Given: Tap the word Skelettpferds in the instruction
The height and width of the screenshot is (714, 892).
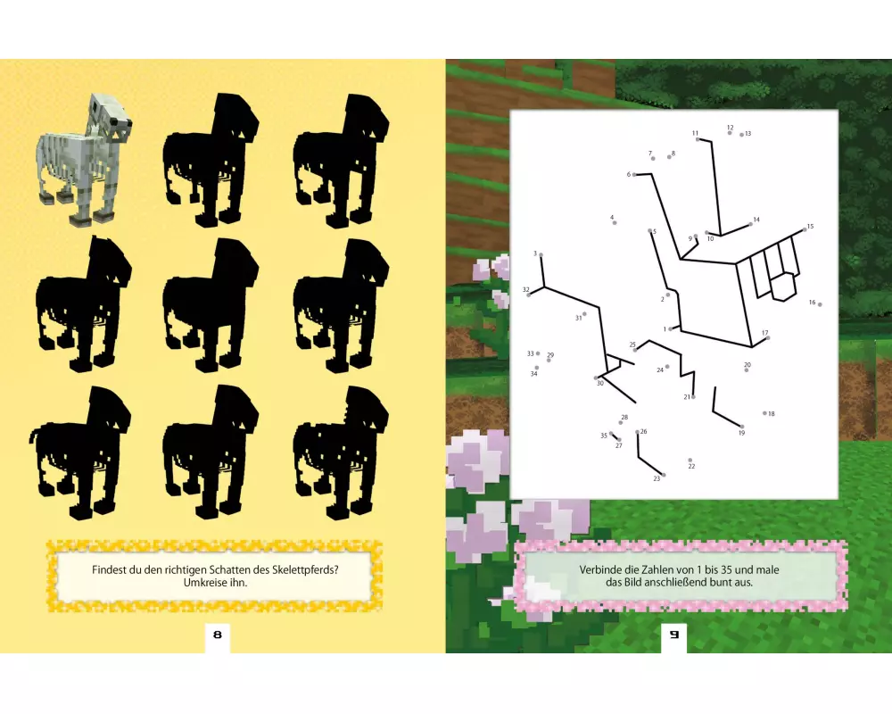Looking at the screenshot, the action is (305, 570).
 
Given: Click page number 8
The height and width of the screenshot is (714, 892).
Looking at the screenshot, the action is (218, 635).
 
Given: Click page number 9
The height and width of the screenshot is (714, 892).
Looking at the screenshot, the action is (674, 635).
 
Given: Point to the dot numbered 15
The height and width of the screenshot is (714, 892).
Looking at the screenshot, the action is (805, 229).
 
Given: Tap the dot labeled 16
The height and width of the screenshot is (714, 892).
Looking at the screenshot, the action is (820, 304).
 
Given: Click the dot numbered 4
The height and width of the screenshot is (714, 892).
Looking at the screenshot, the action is (615, 222).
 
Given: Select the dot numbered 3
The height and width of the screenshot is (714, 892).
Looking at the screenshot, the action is (541, 255).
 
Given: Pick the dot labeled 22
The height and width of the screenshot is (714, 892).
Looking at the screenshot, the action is (690, 460).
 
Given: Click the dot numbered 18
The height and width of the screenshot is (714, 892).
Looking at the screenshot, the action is (764, 413).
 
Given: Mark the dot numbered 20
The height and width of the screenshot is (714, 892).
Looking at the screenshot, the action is (747, 370).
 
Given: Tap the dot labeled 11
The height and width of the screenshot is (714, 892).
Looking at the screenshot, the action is (698, 139).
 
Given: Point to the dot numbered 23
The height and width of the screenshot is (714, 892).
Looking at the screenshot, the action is (664, 475).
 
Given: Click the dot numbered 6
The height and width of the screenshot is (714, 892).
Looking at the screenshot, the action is (634, 175).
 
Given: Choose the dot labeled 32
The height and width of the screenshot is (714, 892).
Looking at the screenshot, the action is (528, 295).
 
